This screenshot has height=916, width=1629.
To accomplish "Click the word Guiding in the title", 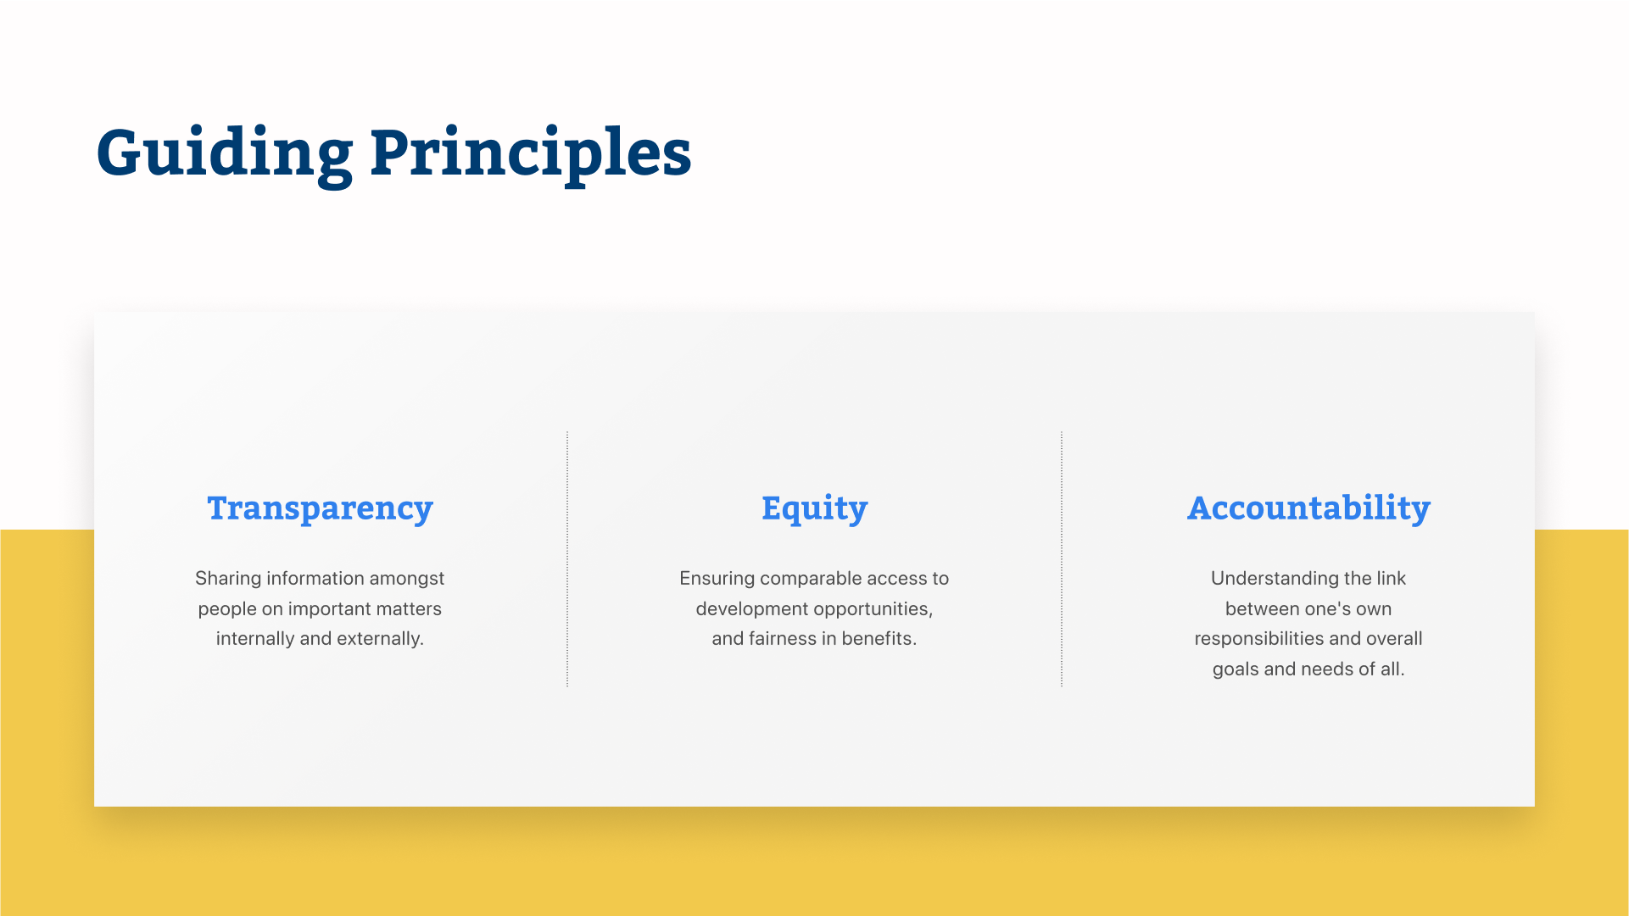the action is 225,154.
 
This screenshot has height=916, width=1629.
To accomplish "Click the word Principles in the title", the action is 531,154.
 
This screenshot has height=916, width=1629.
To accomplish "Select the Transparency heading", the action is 321,508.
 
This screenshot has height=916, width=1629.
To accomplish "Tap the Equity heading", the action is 815,508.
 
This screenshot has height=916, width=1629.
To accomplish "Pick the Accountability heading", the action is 1308,508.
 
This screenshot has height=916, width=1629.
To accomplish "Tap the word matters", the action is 409,608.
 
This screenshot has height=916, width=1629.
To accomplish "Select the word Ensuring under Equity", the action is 717,579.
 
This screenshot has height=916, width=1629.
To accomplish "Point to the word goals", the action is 1236,669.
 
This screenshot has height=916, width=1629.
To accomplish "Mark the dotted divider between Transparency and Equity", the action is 567,558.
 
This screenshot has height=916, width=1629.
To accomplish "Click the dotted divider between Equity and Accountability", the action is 1062,558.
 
